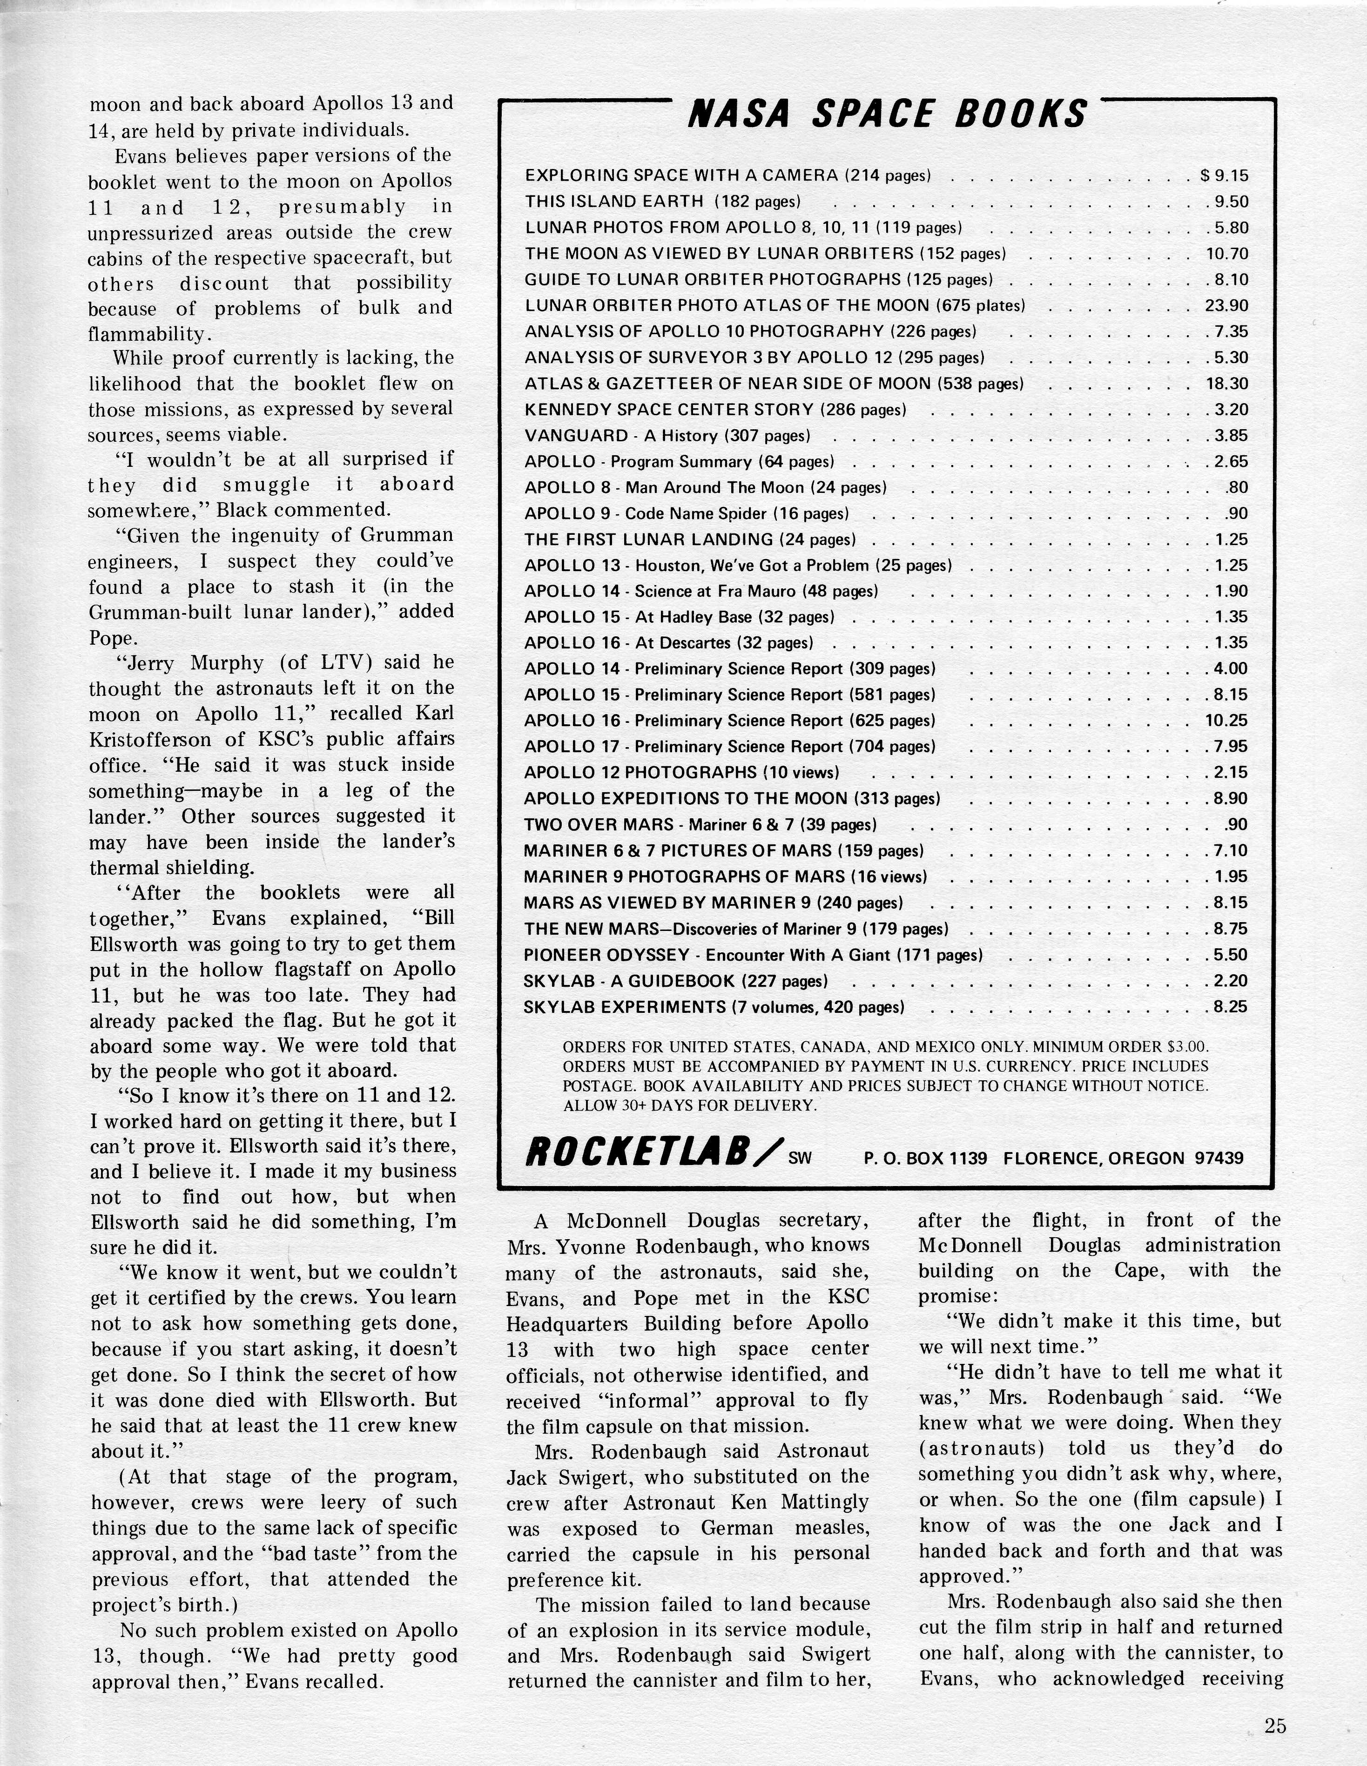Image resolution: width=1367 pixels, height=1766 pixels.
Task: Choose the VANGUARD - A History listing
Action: (x=667, y=436)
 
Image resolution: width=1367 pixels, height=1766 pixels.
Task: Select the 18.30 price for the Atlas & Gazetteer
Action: (x=1227, y=383)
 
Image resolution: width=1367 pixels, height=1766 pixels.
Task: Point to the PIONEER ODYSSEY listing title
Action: (x=606, y=955)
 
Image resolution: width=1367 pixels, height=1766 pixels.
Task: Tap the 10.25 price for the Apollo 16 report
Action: (x=1227, y=721)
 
